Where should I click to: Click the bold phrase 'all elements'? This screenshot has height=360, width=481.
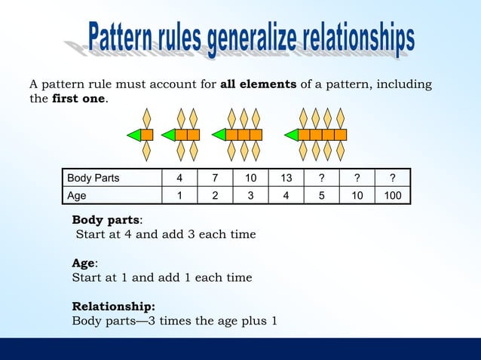click(258, 84)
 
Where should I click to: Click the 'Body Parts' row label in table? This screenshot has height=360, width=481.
click(93, 178)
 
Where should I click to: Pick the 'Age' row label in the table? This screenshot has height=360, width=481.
click(77, 195)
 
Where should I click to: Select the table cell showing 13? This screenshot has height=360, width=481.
click(286, 178)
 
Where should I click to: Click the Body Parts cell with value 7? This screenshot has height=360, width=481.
click(215, 178)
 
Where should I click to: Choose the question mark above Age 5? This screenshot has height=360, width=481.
click(322, 178)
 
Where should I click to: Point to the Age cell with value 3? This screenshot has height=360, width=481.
click(250, 195)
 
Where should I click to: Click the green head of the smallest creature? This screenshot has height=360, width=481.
click(133, 135)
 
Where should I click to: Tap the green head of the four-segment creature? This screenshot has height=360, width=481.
click(290, 135)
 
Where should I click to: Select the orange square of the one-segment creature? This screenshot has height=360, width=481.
click(147, 135)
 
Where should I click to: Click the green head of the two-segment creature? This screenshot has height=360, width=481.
click(168, 135)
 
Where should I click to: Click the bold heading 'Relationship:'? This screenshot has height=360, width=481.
click(113, 307)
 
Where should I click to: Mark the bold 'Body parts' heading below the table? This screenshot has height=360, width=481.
click(106, 220)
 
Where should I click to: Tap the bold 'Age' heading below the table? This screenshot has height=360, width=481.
click(83, 263)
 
